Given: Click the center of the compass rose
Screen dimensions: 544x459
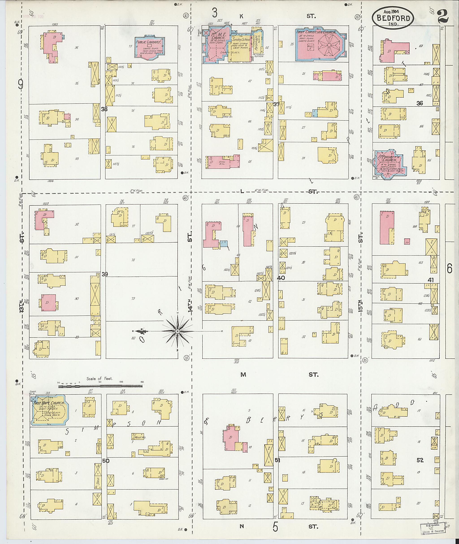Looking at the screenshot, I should coord(177,331).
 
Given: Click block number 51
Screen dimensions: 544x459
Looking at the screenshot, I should coord(277,460).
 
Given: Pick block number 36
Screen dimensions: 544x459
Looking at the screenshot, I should coord(420,103).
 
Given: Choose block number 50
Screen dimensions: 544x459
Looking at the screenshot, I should coord(106,461).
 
